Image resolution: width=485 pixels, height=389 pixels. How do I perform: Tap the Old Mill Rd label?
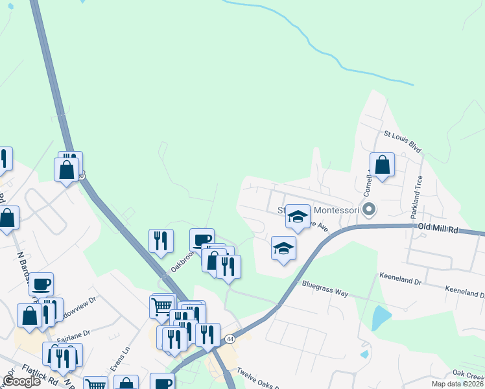(438, 229)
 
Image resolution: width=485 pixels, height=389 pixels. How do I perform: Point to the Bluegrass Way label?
(325, 289)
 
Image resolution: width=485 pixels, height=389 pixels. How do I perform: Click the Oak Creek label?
(468, 374)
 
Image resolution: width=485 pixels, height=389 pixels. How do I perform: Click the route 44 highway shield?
(230, 339)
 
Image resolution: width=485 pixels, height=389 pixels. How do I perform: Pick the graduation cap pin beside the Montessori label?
(298, 217)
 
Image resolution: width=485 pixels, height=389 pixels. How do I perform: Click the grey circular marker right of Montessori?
(370, 209)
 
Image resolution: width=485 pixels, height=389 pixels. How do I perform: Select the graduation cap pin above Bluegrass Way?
(283, 248)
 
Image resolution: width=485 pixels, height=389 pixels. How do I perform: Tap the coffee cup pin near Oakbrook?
(202, 240)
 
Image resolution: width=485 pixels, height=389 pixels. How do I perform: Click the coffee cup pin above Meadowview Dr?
(41, 284)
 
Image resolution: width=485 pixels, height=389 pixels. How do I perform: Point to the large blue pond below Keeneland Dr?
(381, 318)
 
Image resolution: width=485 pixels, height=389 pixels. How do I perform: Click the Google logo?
(22, 381)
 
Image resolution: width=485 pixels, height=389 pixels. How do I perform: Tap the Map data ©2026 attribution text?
(456, 384)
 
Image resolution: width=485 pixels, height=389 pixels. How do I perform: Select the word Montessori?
(337, 210)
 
